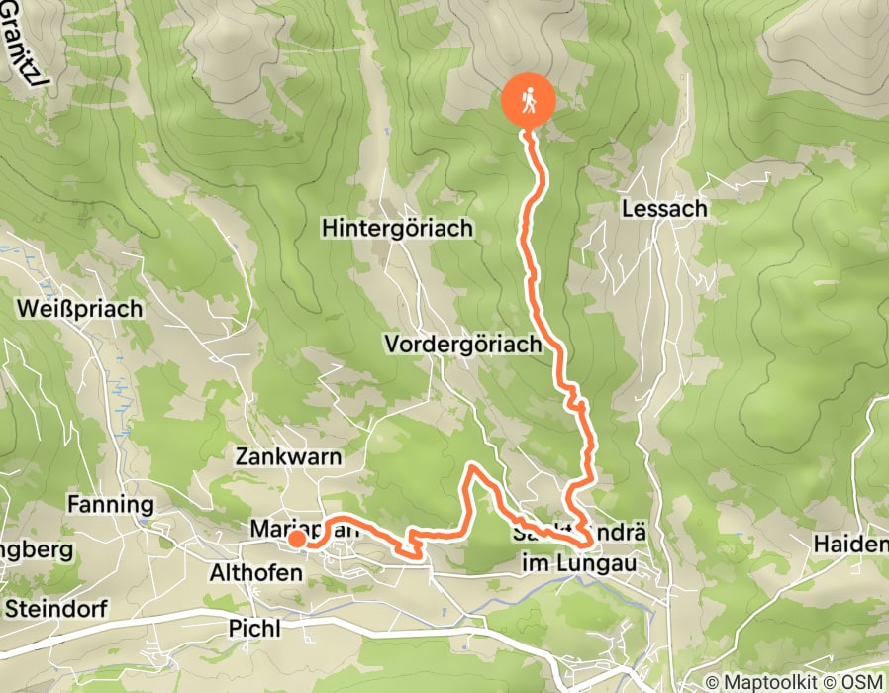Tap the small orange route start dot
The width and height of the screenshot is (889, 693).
tap(296, 540)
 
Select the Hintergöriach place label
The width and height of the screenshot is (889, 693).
tap(397, 228)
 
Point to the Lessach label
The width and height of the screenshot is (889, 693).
tap(664, 209)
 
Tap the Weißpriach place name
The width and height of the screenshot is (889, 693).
tap(79, 308)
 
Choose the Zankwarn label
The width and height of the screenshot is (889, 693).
tap(288, 456)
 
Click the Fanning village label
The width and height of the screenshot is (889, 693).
tap(110, 505)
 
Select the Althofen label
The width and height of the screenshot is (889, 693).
tap(254, 573)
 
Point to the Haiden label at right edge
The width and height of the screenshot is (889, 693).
tap(850, 544)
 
